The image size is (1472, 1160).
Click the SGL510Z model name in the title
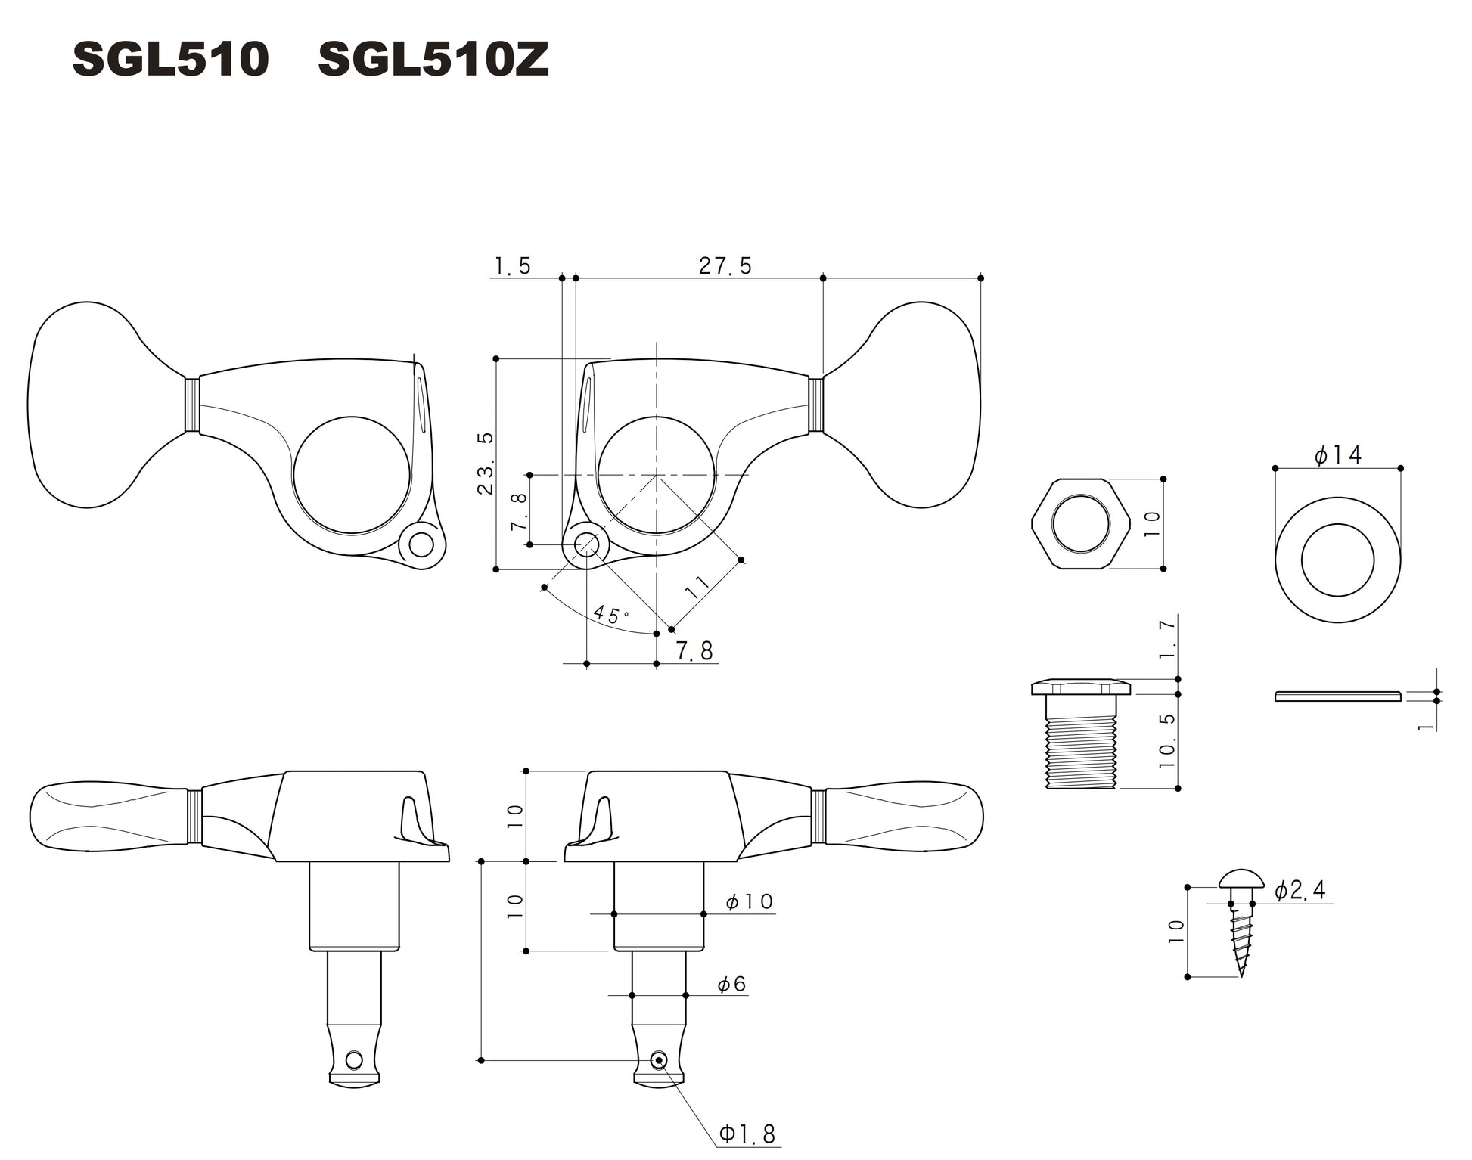(x=433, y=60)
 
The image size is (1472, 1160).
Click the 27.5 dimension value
(x=725, y=266)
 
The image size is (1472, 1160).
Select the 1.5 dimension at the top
(x=512, y=266)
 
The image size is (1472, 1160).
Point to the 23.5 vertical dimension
(x=485, y=464)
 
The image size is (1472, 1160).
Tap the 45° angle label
(x=610, y=614)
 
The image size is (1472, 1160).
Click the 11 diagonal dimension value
(x=697, y=587)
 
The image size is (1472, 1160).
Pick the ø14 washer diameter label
(x=1337, y=455)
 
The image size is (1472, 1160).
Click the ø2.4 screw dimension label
(x=1300, y=891)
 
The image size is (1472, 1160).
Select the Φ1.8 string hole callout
(x=747, y=1134)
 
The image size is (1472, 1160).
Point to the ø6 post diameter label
(x=731, y=984)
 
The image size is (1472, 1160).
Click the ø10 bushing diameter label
(x=748, y=901)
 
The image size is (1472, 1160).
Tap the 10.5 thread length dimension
(x=1167, y=740)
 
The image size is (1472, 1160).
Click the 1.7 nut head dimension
(x=1167, y=639)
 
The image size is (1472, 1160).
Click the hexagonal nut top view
(x=1080, y=523)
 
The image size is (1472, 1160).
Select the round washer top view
(x=1337, y=560)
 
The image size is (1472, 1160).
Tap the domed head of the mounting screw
(x=1241, y=879)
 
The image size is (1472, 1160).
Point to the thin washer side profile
(x=1337, y=696)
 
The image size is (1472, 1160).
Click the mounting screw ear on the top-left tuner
(x=421, y=544)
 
